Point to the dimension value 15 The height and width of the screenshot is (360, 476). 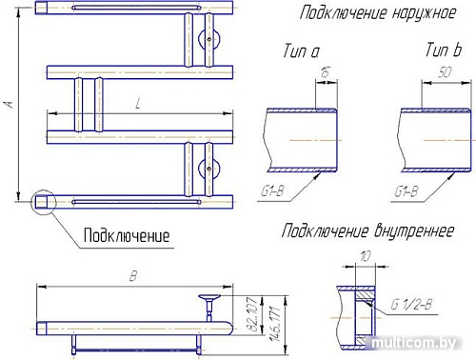click(326, 71)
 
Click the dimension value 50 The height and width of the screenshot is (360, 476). click(444, 71)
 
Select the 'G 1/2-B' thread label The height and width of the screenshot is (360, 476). click(410, 304)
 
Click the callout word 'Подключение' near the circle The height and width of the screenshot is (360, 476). click(127, 234)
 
